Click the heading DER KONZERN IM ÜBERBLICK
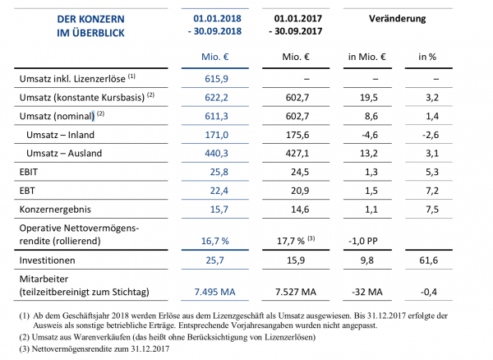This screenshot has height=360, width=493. (85, 24)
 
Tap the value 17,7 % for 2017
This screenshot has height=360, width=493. (289, 242)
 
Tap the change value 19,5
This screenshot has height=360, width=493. (367, 96)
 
